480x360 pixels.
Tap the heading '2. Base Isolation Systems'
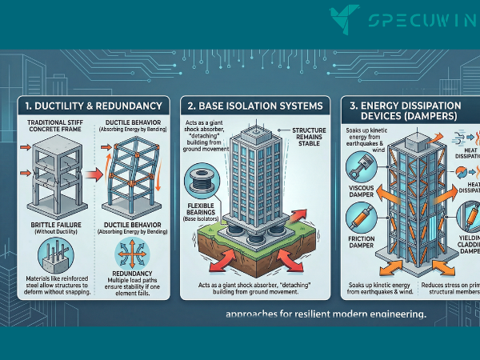(x=253, y=106)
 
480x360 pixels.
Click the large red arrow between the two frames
(x=94, y=170)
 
